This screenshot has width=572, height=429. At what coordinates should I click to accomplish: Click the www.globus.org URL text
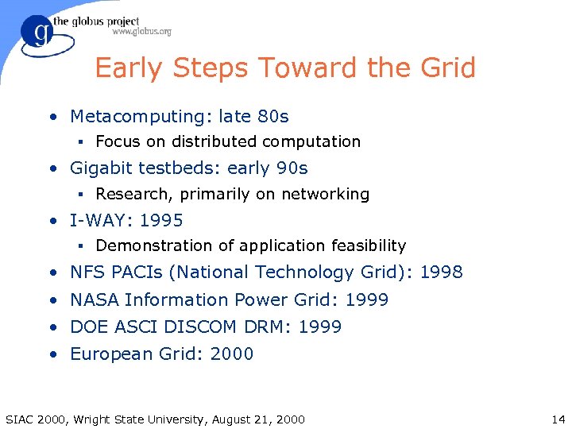[141, 32]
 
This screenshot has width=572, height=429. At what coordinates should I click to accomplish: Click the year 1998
[441, 272]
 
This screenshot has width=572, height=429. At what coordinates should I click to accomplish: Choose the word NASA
[95, 300]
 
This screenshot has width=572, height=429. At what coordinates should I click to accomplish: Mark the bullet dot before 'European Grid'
[52, 354]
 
